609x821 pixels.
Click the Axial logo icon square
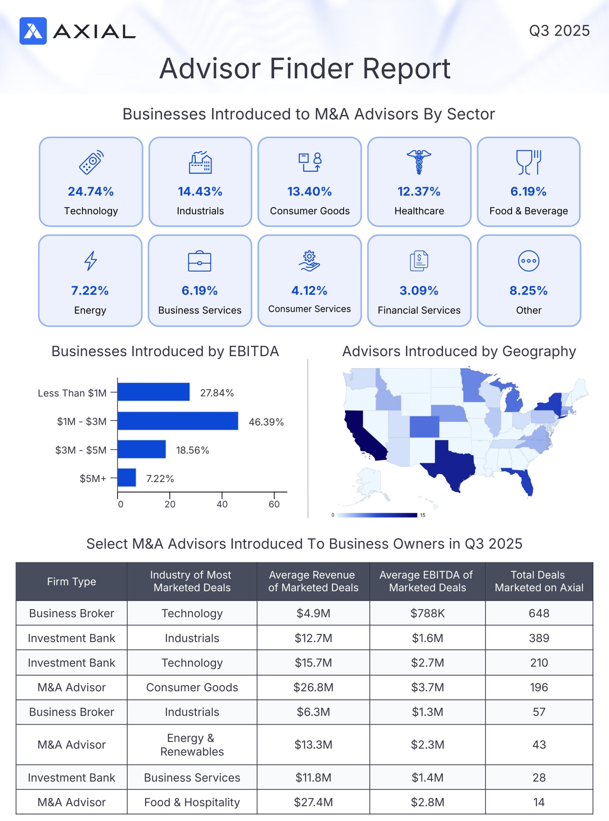click(33, 31)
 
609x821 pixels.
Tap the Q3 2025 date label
click(559, 30)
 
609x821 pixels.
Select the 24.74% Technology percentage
click(91, 191)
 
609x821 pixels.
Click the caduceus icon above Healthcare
click(419, 162)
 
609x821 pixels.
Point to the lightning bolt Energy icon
click(90, 261)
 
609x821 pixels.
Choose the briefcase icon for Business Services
click(199, 261)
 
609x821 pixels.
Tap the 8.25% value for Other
click(528, 291)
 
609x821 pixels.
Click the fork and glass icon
click(528, 162)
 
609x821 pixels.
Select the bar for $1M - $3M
click(178, 421)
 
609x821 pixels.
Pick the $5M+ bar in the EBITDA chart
click(127, 478)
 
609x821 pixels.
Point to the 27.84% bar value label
click(217, 393)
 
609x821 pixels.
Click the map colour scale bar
click(377, 515)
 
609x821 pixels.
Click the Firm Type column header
click(72, 581)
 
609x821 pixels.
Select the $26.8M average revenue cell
click(313, 687)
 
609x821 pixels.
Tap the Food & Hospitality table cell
click(192, 802)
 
